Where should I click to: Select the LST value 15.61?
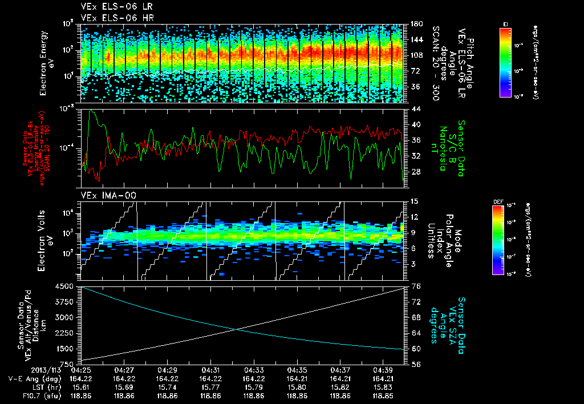coord(81,387)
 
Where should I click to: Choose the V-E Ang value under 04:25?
coord(81,378)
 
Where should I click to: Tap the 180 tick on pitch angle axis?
coord(415,23)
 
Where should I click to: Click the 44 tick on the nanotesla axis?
coord(415,108)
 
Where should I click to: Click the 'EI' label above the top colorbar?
coord(505,23)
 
